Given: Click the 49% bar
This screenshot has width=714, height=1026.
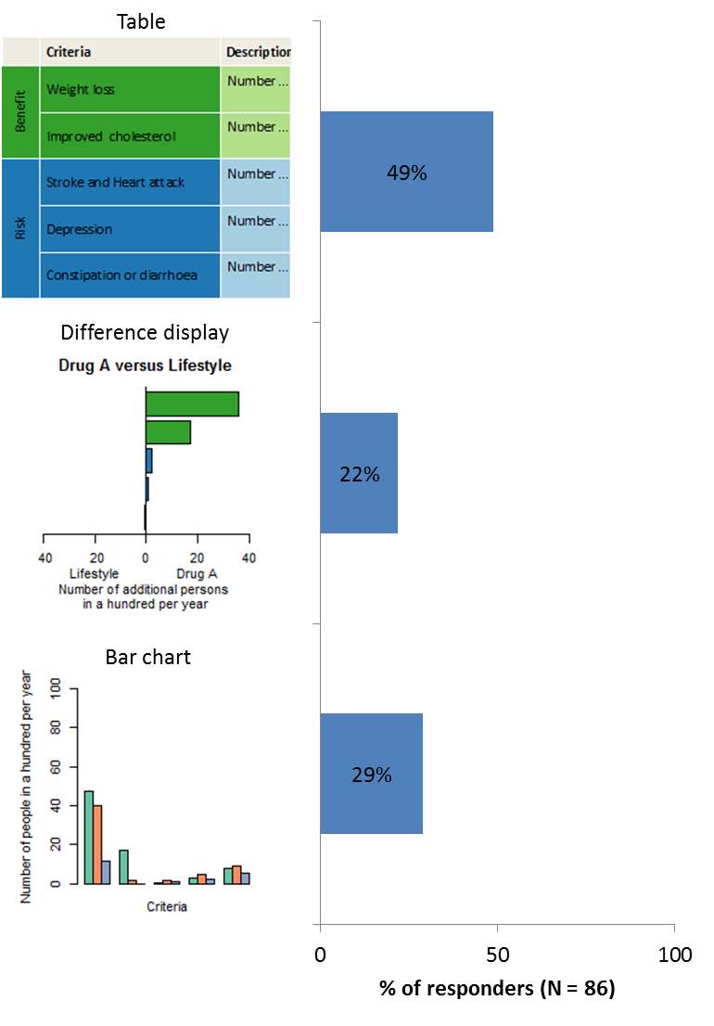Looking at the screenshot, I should [406, 172].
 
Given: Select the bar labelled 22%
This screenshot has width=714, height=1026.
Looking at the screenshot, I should [359, 473].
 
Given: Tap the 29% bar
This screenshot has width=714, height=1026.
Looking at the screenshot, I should [371, 774].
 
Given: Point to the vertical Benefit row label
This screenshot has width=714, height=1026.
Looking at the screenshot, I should [20, 112].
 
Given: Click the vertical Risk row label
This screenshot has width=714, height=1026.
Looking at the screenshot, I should [20, 228].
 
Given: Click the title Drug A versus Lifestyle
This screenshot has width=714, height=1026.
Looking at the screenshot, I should [145, 366].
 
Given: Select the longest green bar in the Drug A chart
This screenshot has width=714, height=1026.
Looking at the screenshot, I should [192, 404].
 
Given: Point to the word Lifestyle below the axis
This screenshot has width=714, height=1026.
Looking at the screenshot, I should [94, 574].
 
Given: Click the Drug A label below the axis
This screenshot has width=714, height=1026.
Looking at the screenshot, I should [197, 574].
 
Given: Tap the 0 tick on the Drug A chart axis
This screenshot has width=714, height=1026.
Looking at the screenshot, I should [146, 558].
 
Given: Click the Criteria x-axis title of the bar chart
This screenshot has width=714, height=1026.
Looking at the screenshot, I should [167, 906].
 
